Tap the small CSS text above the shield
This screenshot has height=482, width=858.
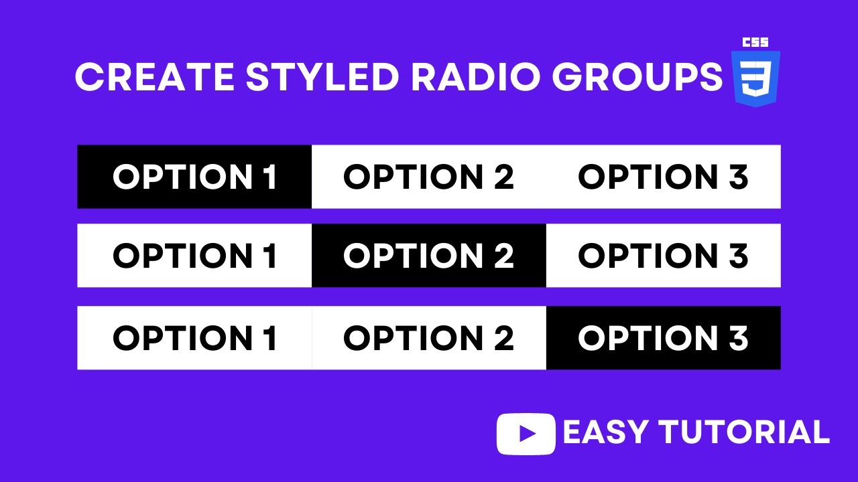click(755, 42)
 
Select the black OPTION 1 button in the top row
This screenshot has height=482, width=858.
click(194, 177)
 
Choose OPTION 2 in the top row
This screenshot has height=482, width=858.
click(429, 177)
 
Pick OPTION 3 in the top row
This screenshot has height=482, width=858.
click(663, 177)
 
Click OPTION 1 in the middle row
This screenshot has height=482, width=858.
click(194, 256)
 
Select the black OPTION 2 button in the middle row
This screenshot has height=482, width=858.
click(429, 256)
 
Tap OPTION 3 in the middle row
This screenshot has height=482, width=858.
click(663, 256)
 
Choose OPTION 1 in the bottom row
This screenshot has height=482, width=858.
click(194, 338)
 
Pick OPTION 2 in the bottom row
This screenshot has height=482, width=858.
click(429, 338)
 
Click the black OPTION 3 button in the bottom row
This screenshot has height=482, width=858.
click(663, 338)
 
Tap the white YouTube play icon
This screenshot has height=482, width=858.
click(526, 434)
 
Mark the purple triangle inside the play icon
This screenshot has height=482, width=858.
click(528, 434)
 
